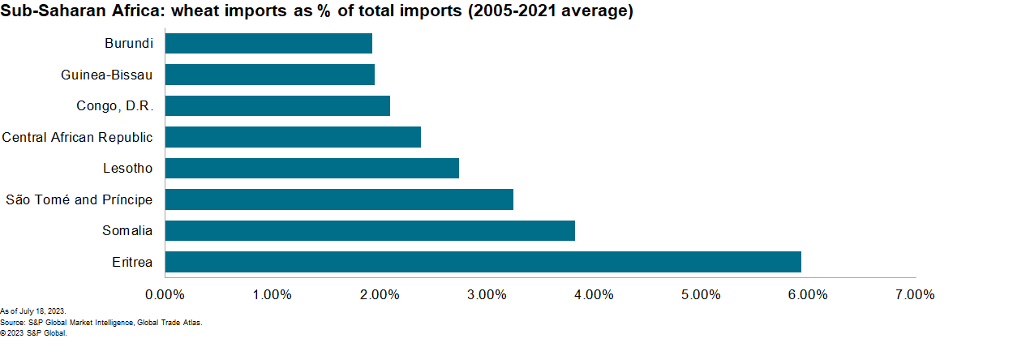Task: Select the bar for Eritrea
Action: point(483,262)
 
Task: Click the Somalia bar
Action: point(370,230)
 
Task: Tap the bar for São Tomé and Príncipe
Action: point(339,199)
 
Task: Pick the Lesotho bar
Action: point(311,168)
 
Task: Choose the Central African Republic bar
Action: point(293,137)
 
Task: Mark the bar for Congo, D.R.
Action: point(277,105)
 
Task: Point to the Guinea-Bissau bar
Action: point(269,75)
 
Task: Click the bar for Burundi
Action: point(268,43)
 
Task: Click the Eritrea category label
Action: point(131,262)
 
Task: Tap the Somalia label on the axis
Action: point(127,230)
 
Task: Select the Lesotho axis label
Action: point(127,168)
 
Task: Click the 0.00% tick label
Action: point(165,294)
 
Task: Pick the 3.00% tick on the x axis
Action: point(487,294)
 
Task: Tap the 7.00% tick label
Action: point(915,294)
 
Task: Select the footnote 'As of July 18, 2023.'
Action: point(33,311)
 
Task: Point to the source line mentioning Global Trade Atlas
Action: point(101,322)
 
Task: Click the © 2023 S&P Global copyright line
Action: point(33,332)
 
